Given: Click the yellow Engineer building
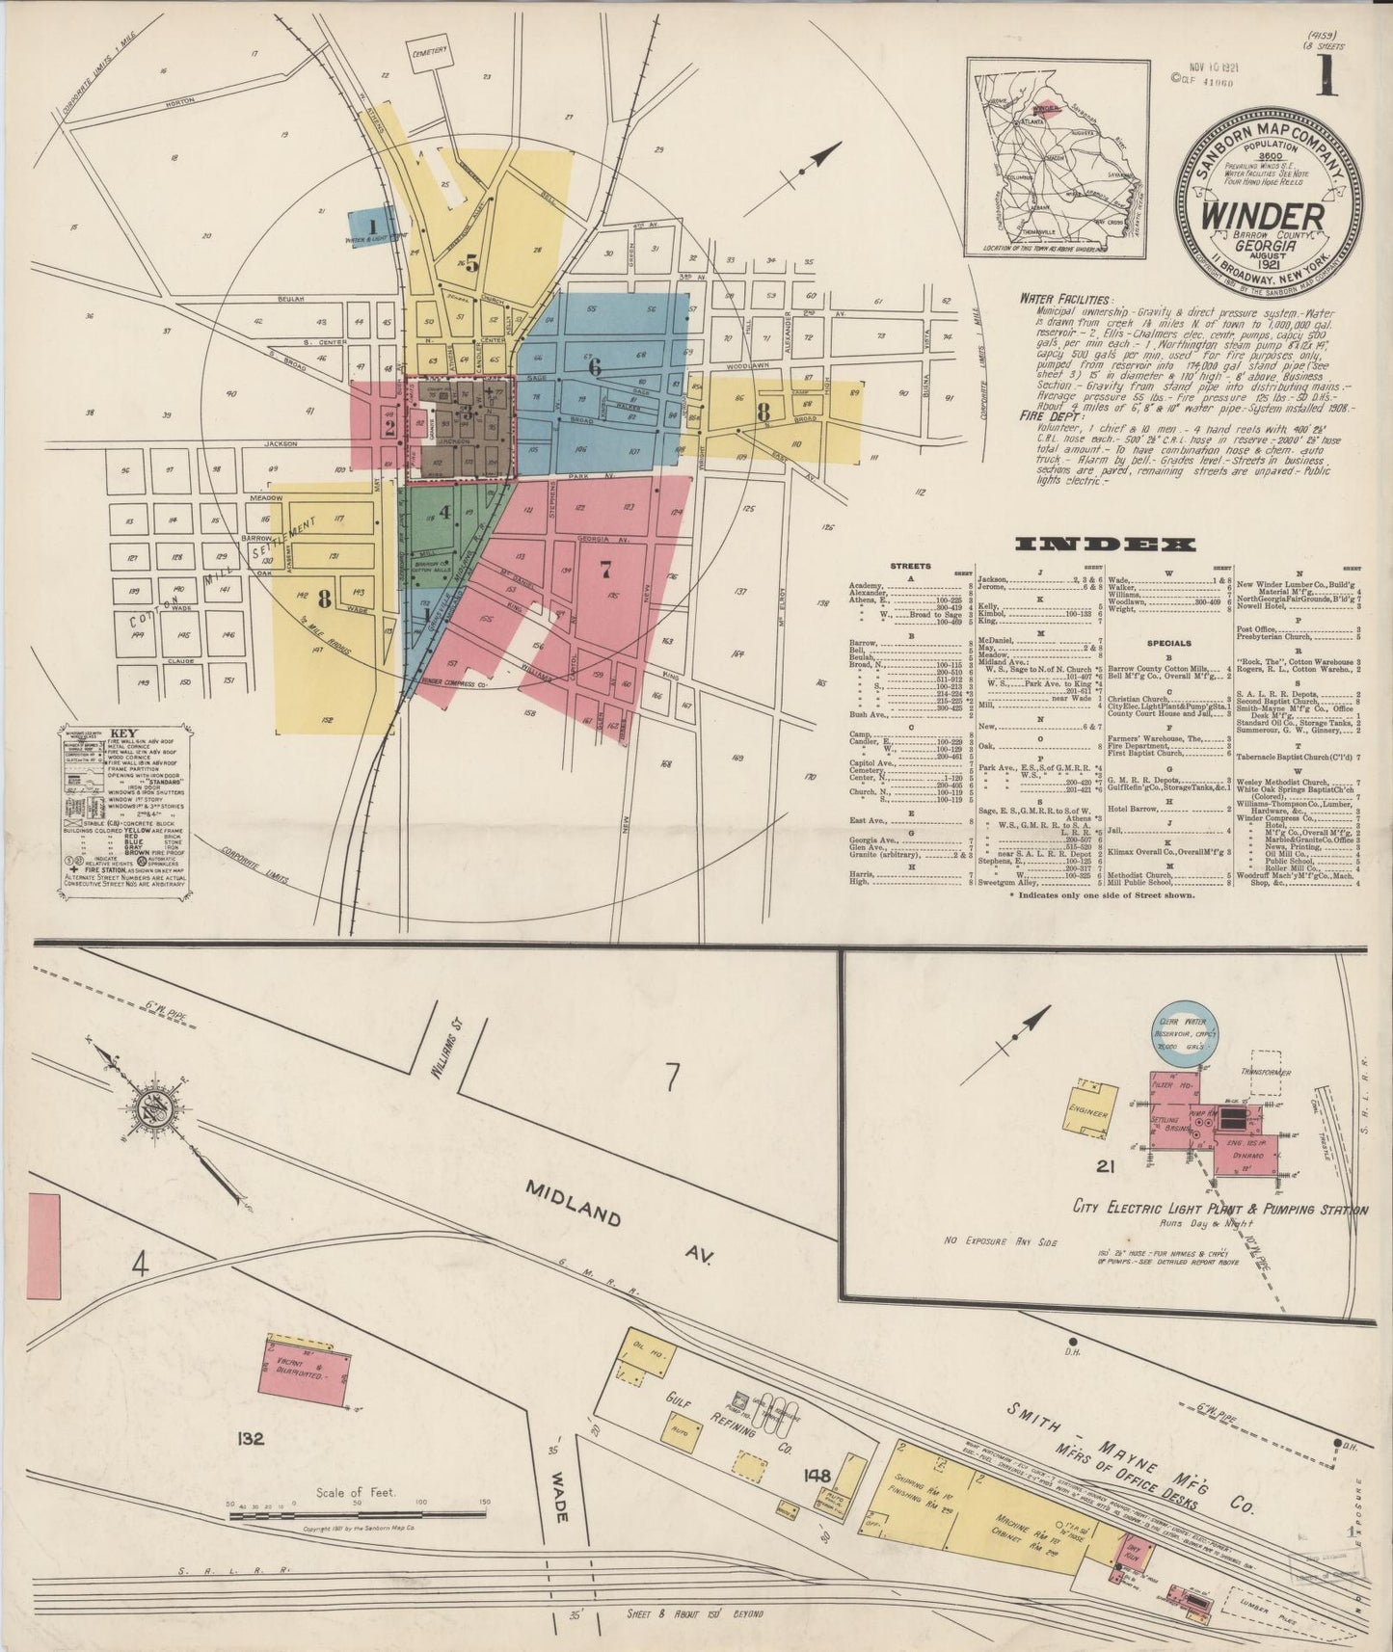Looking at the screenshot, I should click(x=1090, y=1109).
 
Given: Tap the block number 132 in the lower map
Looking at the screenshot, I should click(x=253, y=1439).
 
